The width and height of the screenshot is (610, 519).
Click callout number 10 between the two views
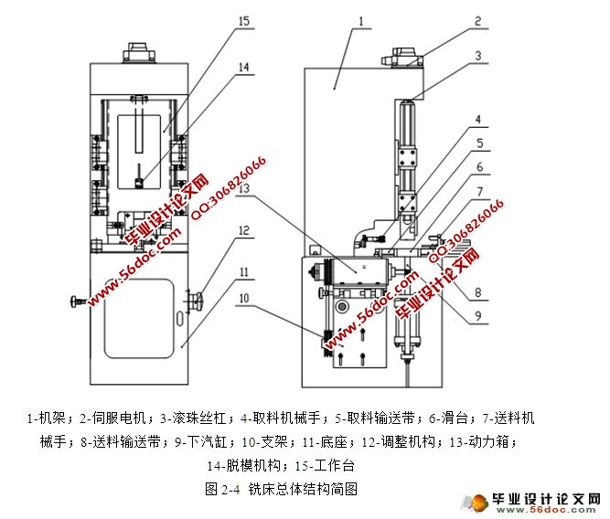click(245, 297)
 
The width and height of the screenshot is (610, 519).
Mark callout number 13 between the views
click(245, 188)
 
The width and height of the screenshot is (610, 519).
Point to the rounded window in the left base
click(137, 315)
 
